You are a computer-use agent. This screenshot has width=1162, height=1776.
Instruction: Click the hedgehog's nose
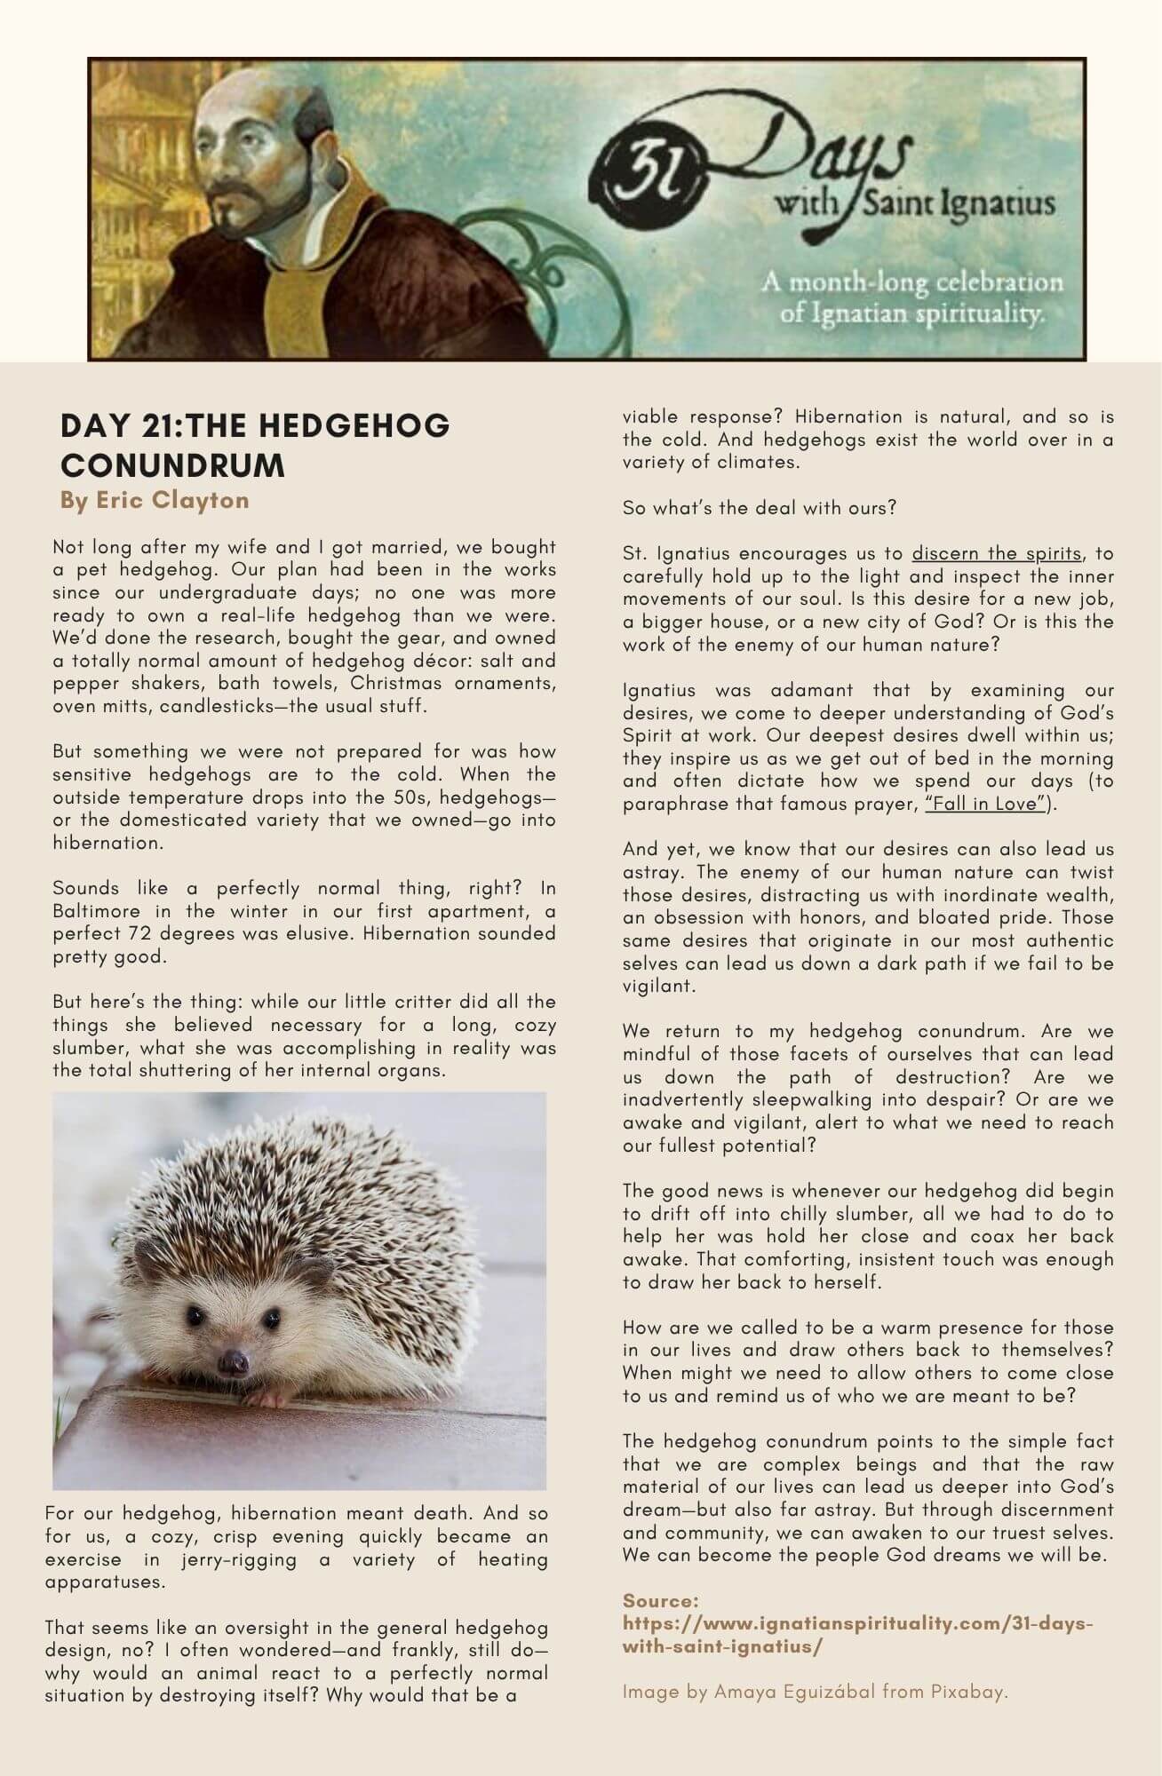[233, 1360]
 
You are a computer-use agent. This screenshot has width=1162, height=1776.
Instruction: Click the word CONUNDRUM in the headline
[172, 465]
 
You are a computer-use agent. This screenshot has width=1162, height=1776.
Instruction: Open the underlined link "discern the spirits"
[997, 553]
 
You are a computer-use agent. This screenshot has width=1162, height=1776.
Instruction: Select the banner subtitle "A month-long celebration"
[911, 283]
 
